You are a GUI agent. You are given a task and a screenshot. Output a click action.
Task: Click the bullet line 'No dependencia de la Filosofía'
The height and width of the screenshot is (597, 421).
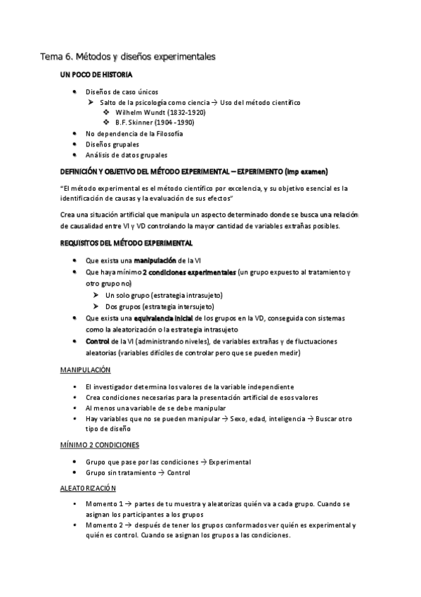pyautogui.click(x=124, y=133)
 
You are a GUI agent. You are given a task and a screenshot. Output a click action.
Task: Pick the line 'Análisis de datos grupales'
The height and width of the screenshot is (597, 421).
pyautogui.click(x=127, y=154)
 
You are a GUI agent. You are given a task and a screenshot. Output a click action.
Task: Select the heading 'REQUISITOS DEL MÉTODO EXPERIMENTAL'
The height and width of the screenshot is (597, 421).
pyautogui.click(x=126, y=243)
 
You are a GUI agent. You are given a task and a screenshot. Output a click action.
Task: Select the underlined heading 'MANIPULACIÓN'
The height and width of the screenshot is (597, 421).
pyautogui.click(x=84, y=370)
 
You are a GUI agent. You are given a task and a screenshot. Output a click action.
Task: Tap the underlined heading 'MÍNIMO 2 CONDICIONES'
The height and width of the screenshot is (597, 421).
pyautogui.click(x=98, y=445)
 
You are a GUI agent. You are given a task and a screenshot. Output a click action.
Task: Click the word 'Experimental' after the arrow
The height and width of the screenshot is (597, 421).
pyautogui.click(x=230, y=462)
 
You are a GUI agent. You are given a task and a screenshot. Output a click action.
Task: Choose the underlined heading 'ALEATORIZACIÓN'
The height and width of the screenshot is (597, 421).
pyautogui.click(x=88, y=488)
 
